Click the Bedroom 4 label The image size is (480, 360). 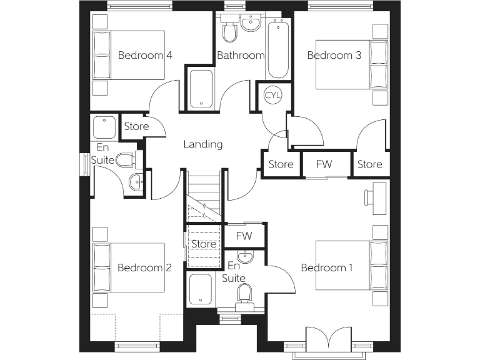coord(145,55)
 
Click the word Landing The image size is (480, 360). coord(203,144)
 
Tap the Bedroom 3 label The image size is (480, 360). coord(334,55)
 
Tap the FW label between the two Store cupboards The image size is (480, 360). coord(324,164)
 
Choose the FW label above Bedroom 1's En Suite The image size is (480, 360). coord(245,236)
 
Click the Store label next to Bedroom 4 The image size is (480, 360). coord(136,126)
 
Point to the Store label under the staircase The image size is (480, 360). coord(204,244)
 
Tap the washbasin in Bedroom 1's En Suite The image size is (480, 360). coord(246,257)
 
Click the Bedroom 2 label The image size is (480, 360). coord(144,267)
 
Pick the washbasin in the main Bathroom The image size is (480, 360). coord(251,24)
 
